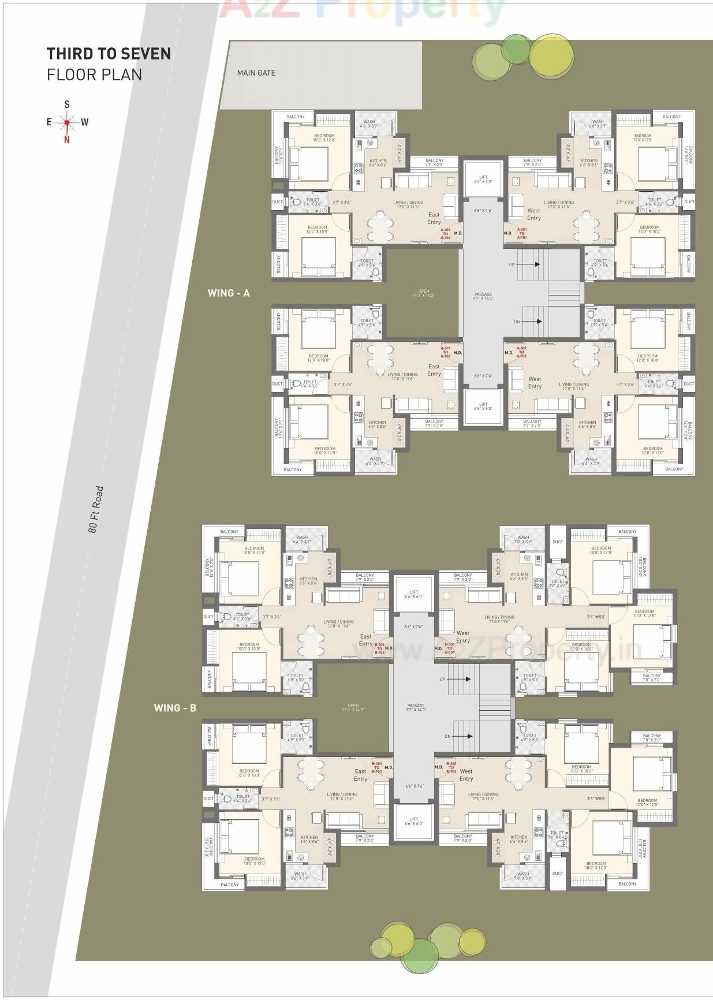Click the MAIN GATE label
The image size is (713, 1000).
(x=256, y=73)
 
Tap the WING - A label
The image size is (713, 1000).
(x=229, y=293)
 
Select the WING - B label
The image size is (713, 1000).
(x=175, y=707)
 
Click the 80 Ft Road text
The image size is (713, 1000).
(x=96, y=509)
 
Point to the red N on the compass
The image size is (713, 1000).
(x=67, y=139)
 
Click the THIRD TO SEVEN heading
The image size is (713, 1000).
(x=109, y=54)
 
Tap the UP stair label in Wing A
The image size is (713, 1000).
(x=512, y=264)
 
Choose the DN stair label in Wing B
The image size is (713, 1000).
(x=447, y=736)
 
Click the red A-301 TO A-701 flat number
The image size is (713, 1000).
(x=522, y=233)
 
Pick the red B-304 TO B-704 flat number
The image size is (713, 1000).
(x=379, y=648)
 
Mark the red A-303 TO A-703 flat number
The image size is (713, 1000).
(x=446, y=352)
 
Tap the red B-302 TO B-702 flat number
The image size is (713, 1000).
(x=451, y=767)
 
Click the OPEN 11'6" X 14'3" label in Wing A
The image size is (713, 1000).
(x=423, y=293)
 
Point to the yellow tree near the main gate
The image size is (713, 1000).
(x=551, y=56)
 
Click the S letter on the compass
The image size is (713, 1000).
(x=67, y=105)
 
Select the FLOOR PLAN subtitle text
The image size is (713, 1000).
(x=94, y=74)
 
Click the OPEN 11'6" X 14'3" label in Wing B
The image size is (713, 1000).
(x=353, y=707)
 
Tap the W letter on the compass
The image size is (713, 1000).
(x=85, y=122)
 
